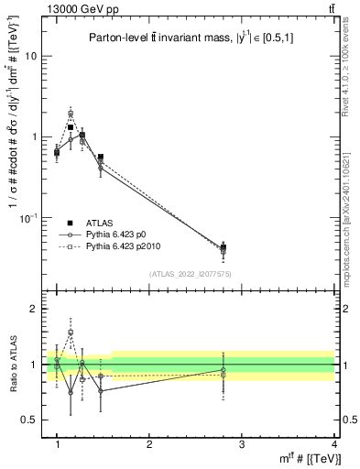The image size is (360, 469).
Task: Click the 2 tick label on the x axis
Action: click(x=149, y=443)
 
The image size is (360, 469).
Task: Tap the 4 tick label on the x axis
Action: click(x=334, y=443)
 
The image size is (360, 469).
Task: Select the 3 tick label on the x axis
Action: click(x=242, y=443)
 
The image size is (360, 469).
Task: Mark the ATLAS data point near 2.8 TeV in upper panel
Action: click(x=224, y=247)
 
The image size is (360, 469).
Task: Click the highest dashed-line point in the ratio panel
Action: click(x=71, y=333)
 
